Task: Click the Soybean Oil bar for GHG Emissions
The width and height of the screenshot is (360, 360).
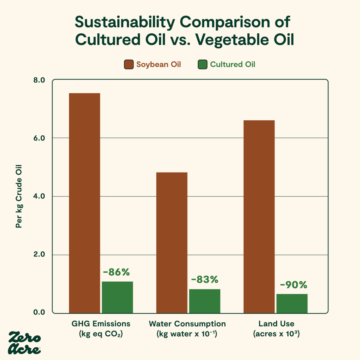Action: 85,203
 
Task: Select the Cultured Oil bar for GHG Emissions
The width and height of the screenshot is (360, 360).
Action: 117,297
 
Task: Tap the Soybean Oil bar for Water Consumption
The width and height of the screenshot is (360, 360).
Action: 172,243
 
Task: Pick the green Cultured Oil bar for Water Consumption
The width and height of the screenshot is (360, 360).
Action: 205,301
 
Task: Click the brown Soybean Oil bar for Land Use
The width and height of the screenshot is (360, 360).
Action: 259,217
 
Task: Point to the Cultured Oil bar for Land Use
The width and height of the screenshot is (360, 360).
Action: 292,304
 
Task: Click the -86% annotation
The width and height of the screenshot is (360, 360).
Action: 116,272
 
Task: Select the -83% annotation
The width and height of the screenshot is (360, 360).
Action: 205,280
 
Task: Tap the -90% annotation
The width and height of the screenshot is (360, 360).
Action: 293,285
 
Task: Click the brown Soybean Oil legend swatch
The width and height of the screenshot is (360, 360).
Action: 129,64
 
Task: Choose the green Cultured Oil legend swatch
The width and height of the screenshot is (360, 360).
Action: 202,64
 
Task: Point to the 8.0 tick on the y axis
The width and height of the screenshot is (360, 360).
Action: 38,80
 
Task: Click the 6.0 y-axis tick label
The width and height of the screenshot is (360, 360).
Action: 38,138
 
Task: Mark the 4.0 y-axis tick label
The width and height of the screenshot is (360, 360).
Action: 38,196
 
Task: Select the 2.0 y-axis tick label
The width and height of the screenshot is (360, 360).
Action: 38,254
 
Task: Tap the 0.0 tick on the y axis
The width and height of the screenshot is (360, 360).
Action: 38,312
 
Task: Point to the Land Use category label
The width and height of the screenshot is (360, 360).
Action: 276,324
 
